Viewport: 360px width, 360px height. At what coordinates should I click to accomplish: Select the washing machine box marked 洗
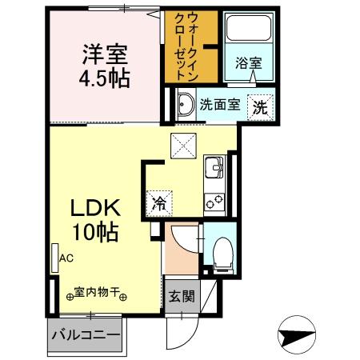click(261, 105)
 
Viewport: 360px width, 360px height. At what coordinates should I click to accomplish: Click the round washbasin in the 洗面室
click(184, 103)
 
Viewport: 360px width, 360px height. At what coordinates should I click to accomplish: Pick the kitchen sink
click(214, 169)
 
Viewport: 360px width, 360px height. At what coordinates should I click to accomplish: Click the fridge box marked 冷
click(160, 203)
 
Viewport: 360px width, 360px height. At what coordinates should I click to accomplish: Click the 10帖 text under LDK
click(98, 233)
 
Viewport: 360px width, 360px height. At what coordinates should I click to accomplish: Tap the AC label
click(66, 258)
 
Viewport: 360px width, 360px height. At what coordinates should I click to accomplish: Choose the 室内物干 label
click(101, 295)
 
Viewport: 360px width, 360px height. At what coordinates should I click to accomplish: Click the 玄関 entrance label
click(180, 296)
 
